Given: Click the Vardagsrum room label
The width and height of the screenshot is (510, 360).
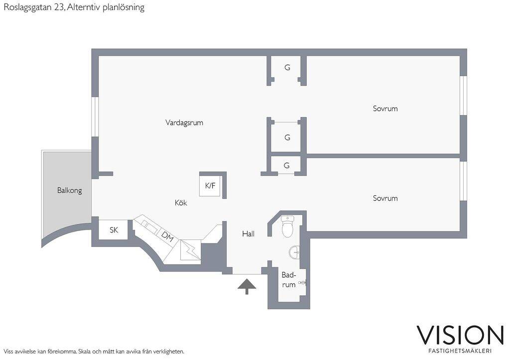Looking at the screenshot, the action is click(184, 123).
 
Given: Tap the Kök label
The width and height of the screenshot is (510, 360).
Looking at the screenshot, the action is click(181, 203).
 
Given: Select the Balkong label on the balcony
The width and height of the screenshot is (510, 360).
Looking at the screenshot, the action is click(69, 191).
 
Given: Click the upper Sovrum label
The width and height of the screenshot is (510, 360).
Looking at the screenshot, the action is click(385, 109).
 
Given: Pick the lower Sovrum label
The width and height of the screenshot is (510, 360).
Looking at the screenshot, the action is click(385, 198).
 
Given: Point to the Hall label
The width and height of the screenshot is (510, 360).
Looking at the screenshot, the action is click(248, 234).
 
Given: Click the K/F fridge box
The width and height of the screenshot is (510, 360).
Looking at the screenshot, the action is click(210, 186).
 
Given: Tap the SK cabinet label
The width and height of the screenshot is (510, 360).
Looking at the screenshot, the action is click(114, 230).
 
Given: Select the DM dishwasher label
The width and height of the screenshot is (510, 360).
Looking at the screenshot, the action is click(167, 237).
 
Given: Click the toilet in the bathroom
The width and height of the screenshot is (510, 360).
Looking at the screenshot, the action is click(287, 227).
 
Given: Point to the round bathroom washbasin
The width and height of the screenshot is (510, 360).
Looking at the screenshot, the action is click(294, 252).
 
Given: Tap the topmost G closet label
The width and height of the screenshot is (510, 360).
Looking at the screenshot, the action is click(287, 68).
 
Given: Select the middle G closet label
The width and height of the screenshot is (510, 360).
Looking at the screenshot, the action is click(287, 137).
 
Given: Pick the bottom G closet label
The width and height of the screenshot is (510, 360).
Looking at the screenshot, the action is click(286, 165).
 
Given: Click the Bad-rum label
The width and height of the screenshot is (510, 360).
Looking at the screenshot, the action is click(289, 280).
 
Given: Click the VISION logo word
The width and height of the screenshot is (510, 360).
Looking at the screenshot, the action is click(460, 335).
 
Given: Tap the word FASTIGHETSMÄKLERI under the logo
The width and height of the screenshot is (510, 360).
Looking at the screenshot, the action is click(460, 351).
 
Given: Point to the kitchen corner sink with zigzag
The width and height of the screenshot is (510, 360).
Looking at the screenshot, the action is click(190, 250).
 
